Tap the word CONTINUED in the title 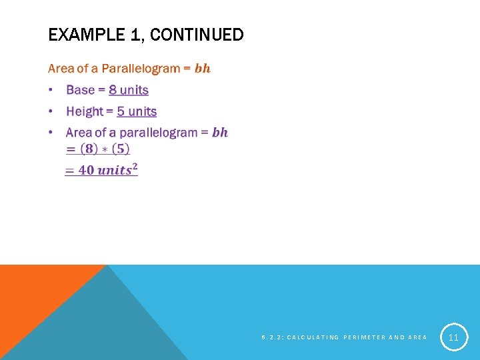pos(197,35)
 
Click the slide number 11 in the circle pos(453,337)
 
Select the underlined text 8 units pos(129,90)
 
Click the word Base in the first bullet pos(80,90)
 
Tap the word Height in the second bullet pos(85,111)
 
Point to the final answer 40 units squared pos(101,170)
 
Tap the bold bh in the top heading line pos(202,68)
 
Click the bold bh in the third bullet pos(219,133)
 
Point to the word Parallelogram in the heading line pos(141,68)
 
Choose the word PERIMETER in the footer pos(363,337)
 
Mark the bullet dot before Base pos(52,90)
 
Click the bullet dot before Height pos(52,111)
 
